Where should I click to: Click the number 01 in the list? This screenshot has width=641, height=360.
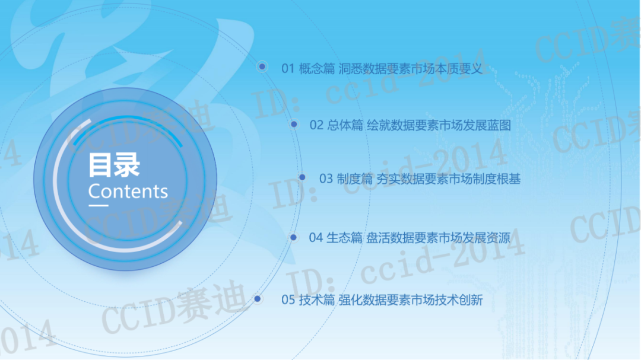coord(288,69)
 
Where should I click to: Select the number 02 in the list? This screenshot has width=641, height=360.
coord(316,125)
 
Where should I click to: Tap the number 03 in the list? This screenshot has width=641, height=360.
coord(326,179)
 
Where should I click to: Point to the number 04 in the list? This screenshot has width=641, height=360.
coord(316,237)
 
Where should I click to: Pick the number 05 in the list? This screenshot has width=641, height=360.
coord(288,300)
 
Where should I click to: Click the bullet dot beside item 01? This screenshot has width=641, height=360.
coord(262,66)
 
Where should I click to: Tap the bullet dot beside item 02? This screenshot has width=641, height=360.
coord(294,124)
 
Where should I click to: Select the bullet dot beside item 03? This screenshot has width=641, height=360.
coord(302,177)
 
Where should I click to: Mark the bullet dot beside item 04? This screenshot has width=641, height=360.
coord(293,237)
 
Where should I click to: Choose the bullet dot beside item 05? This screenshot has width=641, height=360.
coord(258,299)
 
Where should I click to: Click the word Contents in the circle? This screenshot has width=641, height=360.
coord(128,192)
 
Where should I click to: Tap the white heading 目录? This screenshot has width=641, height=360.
coord(114,165)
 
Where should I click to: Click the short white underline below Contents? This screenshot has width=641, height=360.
coord(99,205)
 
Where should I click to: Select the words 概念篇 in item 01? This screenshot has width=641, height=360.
coord(317,69)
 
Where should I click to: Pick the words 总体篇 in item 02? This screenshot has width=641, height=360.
coord(345,125)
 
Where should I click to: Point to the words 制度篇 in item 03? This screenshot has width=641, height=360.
coord(355,179)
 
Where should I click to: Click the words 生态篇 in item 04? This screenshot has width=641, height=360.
coord(344,237)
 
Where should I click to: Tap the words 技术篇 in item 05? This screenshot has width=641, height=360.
coord(317,300)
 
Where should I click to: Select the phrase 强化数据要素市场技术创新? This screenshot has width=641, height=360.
coord(411,300)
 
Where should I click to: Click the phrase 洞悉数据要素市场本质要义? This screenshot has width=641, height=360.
coord(411,69)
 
